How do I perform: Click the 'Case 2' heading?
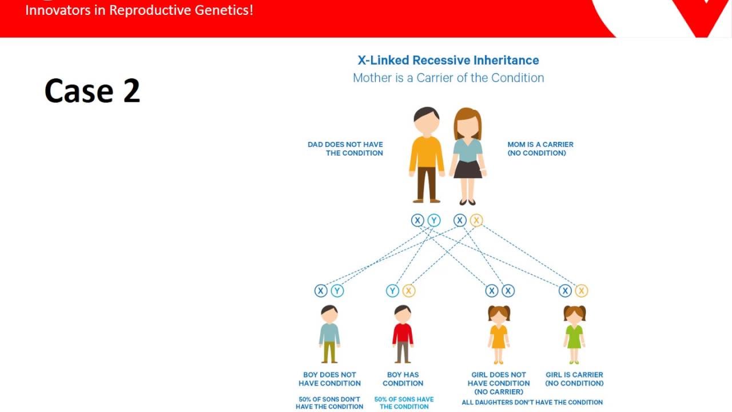pyautogui.click(x=92, y=90)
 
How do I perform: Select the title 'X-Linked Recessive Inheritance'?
pyautogui.click(x=448, y=60)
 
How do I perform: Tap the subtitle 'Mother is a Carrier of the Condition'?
pyautogui.click(x=448, y=78)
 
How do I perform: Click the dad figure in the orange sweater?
pyautogui.click(x=426, y=154)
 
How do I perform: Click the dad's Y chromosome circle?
pyautogui.click(x=434, y=220)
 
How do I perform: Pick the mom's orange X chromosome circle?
pyautogui.click(x=476, y=220)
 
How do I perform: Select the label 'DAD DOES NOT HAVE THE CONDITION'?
pyautogui.click(x=345, y=149)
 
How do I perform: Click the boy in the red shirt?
pyautogui.click(x=403, y=334)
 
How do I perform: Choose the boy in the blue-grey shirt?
pyautogui.click(x=329, y=334)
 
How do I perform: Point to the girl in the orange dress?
pyautogui.click(x=499, y=334)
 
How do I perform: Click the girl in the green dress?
pyautogui.click(x=574, y=334)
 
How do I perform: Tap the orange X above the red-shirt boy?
pyautogui.click(x=408, y=291)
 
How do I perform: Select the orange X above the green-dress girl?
pyautogui.click(x=582, y=291)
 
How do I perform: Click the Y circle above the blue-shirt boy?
pyautogui.click(x=337, y=291)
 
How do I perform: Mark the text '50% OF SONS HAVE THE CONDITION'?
pyautogui.click(x=404, y=403)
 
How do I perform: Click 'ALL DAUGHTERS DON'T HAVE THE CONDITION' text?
pyautogui.click(x=532, y=402)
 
